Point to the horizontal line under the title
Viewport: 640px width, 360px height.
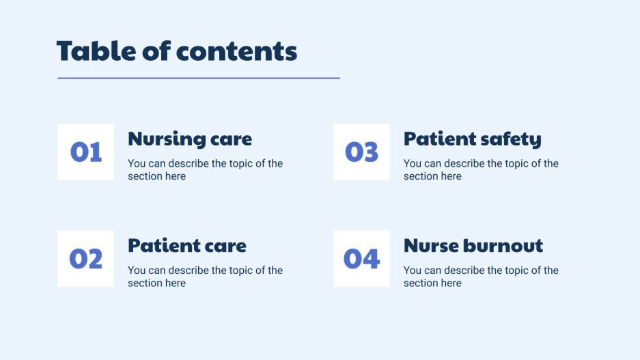(x=198, y=78)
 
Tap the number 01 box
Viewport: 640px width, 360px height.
(x=85, y=152)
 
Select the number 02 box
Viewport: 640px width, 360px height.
(x=85, y=258)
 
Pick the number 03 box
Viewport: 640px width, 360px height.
(x=361, y=152)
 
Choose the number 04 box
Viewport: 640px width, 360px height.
(x=361, y=258)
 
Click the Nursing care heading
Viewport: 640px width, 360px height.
(x=190, y=139)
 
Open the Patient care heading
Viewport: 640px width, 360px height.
(x=187, y=245)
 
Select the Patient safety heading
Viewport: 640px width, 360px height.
(x=472, y=139)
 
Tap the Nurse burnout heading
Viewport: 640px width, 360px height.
(x=473, y=245)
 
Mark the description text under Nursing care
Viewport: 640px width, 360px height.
(x=205, y=169)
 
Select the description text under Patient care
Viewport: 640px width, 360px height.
(x=205, y=276)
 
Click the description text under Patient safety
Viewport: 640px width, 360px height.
(x=481, y=169)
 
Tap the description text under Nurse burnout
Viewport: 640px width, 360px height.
(x=481, y=276)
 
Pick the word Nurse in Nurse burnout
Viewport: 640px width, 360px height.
(x=428, y=245)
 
